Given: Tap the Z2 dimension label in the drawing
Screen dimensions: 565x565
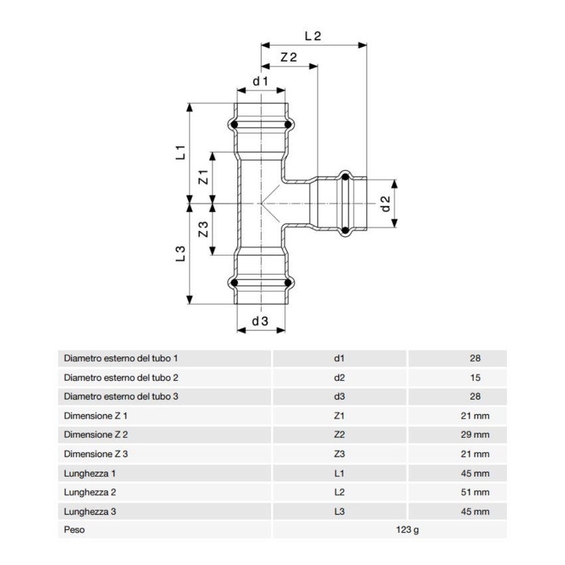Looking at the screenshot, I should tap(288, 58).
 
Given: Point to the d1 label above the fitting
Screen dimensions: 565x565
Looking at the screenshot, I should tap(260, 82).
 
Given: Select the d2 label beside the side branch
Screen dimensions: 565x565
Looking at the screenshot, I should tap(385, 204).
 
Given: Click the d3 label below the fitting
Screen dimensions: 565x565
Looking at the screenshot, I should tap(260, 321).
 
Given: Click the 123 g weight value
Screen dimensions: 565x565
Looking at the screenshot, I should tap(409, 530).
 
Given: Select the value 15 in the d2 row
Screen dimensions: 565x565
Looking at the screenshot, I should tap(475, 378).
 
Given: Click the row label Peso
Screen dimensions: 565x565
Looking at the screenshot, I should tap(74, 530).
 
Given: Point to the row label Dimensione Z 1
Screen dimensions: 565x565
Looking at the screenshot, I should tap(96, 416).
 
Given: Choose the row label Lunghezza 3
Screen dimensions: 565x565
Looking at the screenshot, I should tap(90, 512).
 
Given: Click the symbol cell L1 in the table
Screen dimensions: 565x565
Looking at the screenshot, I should tap(339, 473).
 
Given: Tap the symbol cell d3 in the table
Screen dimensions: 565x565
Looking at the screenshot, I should tap(339, 397).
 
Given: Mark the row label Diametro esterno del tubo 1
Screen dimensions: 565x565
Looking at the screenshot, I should tap(121, 358).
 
